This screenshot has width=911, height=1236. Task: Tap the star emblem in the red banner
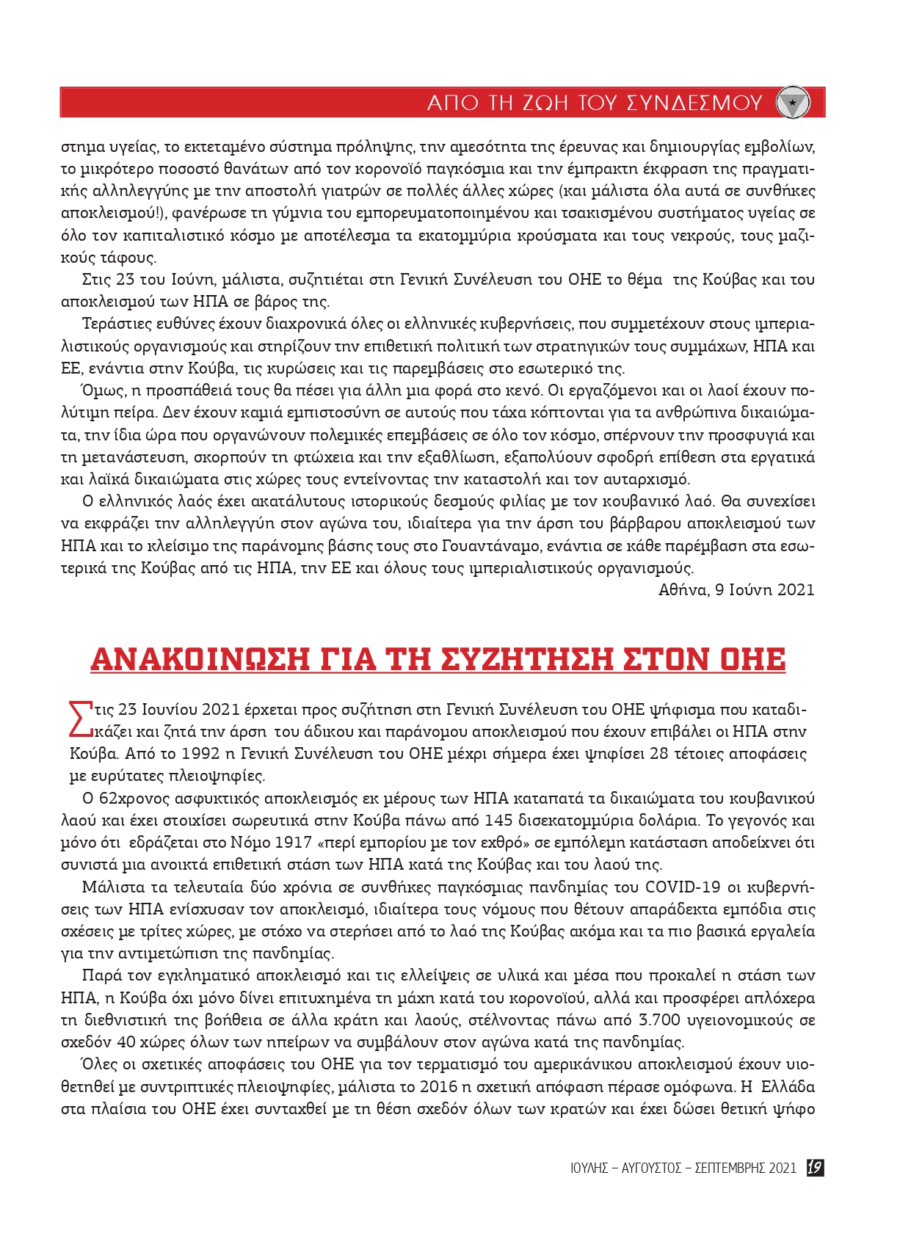click(793, 103)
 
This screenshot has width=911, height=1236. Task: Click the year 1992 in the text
click(200, 754)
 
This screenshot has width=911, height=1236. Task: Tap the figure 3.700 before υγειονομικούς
click(660, 1020)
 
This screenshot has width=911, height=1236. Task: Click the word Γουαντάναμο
click(492, 546)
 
